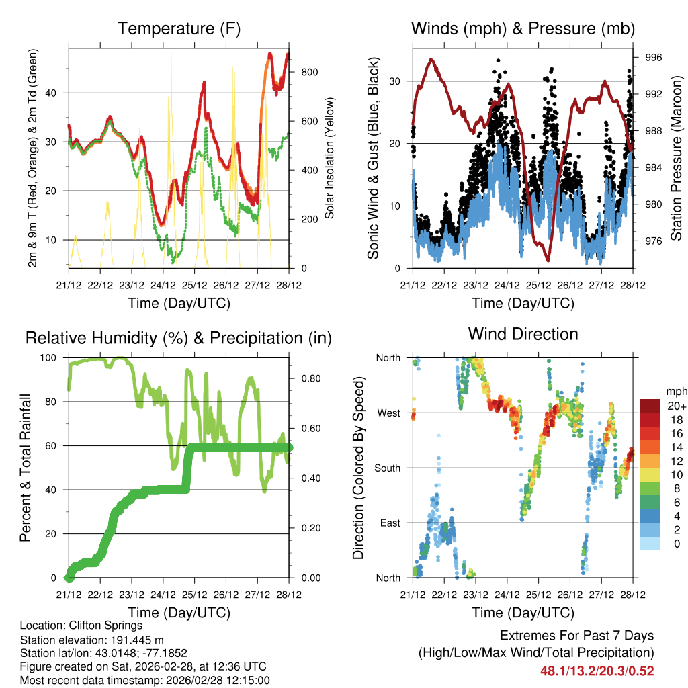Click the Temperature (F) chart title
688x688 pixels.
179,29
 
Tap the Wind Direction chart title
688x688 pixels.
523,334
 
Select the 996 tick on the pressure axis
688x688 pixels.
654,58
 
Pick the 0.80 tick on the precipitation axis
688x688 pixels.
307,378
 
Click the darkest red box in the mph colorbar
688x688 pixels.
651,406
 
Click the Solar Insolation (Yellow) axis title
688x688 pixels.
330,159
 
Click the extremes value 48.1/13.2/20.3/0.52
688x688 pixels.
597,671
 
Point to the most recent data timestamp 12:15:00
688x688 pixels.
247,680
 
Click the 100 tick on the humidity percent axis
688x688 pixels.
52,358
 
